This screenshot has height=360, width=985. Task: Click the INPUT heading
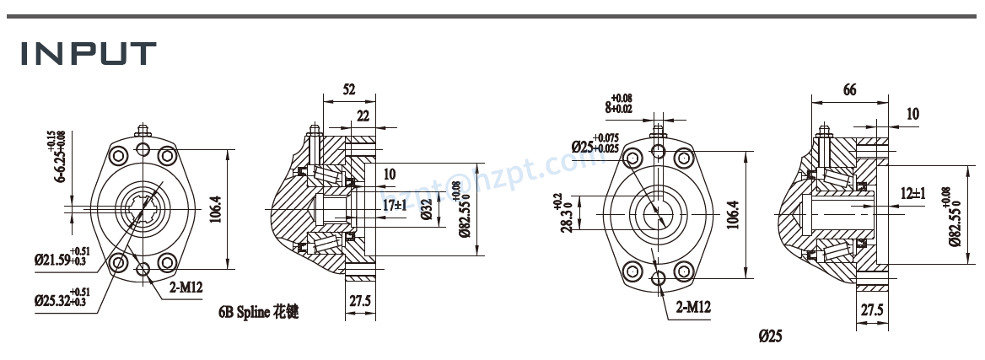point(88,53)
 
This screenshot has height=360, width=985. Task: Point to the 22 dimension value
point(363,115)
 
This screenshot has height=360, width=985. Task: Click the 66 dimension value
point(849,90)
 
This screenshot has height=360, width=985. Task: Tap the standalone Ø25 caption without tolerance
point(770,336)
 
